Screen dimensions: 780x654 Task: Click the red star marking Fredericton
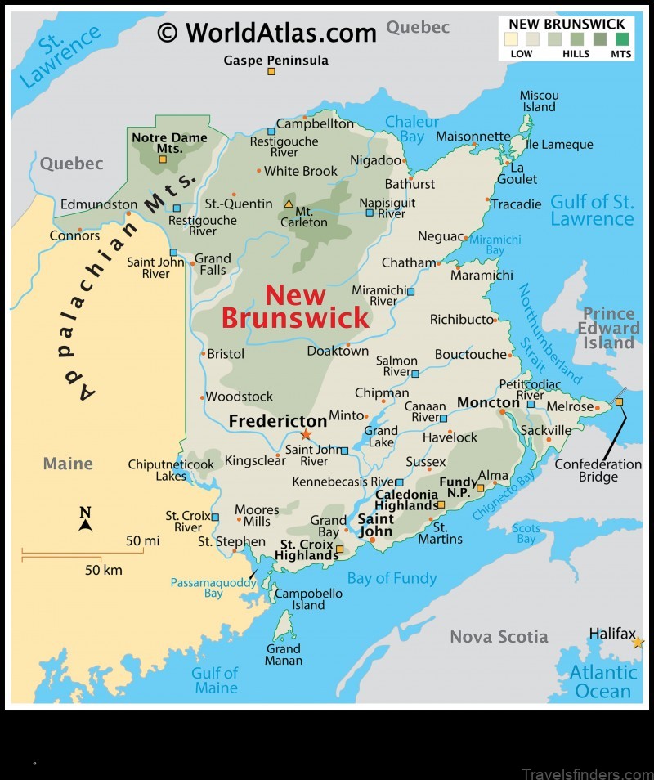click(x=306, y=434)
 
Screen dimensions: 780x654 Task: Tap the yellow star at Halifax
click(x=638, y=643)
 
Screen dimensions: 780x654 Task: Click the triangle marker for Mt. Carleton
click(x=289, y=204)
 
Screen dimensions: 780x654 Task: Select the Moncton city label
click(x=488, y=402)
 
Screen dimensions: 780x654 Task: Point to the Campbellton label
click(x=315, y=124)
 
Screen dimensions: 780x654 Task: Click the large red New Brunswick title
click(x=295, y=307)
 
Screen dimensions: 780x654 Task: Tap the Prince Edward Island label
click(x=609, y=328)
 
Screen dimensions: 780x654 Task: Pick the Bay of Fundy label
click(x=392, y=579)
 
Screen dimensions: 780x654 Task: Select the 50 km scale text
click(x=104, y=569)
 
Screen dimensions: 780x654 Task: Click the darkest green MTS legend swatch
click(x=622, y=38)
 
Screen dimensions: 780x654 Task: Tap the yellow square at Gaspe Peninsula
click(x=271, y=72)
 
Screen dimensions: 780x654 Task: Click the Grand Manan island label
click(x=284, y=654)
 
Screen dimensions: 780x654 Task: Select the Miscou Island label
click(x=540, y=101)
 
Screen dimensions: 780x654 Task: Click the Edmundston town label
click(x=99, y=204)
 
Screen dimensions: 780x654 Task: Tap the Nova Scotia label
click(x=499, y=637)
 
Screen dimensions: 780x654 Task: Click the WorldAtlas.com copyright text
click(x=267, y=32)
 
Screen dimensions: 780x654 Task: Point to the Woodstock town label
click(x=239, y=397)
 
